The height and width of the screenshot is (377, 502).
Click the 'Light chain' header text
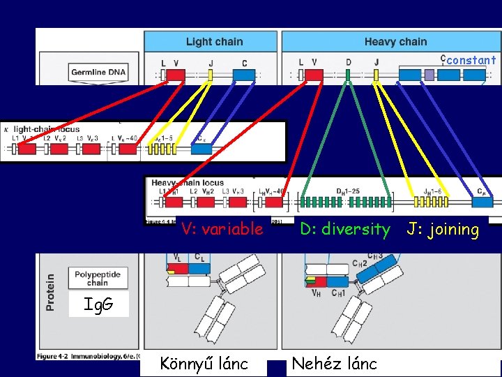[x=214, y=42]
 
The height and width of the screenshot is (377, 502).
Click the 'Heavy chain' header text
[x=395, y=42]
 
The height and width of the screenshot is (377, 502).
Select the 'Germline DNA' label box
[x=98, y=72]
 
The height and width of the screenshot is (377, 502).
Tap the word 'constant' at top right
[x=471, y=60]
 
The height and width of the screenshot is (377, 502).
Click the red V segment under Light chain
[x=176, y=73]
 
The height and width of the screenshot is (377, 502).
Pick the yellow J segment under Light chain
[x=210, y=73]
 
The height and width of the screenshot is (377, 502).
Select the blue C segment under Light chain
[x=243, y=73]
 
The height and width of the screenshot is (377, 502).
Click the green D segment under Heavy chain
[x=348, y=73]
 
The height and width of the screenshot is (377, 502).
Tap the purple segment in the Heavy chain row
[x=429, y=73]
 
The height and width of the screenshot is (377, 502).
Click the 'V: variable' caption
[x=222, y=229]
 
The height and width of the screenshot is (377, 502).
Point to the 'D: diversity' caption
[x=344, y=229]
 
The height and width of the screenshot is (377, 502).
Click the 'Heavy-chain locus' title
[x=188, y=183]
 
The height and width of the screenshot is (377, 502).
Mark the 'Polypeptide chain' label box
[x=98, y=279]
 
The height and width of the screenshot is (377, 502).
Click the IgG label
[x=97, y=305]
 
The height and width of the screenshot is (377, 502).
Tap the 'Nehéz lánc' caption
[x=334, y=363]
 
